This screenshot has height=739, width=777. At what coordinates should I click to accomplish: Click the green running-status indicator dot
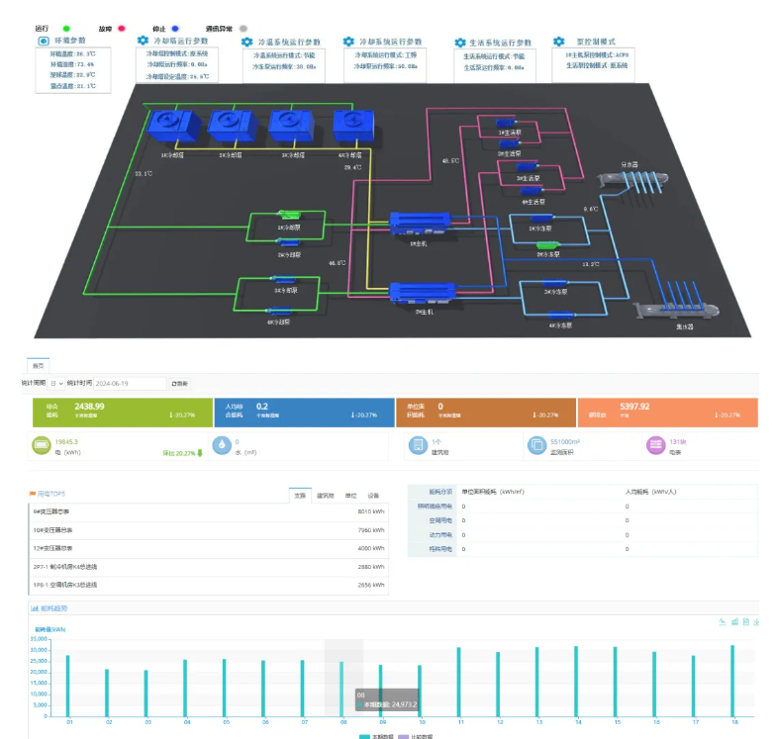click(x=66, y=30)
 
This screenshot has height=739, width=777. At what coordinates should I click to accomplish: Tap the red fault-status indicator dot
click(x=123, y=30)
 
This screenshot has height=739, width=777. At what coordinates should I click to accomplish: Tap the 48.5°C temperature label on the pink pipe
click(x=450, y=160)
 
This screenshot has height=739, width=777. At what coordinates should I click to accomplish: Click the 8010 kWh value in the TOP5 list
click(x=370, y=511)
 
